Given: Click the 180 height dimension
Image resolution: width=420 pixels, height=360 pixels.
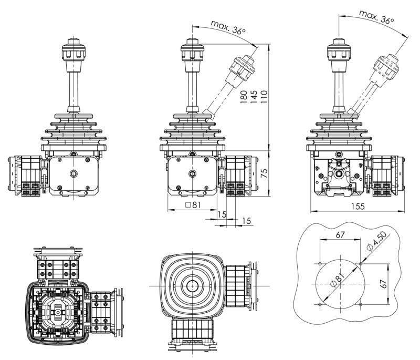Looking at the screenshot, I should pos(244,98).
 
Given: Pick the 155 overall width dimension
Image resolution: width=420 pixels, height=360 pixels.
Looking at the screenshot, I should pos(357,207).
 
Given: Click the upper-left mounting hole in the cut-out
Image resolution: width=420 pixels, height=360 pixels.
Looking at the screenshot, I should pos(319,263).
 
